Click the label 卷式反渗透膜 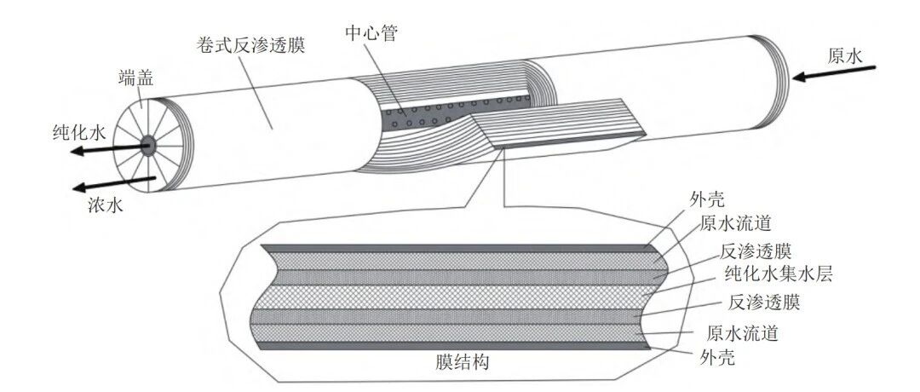[250, 46]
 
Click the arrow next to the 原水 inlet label [833, 72]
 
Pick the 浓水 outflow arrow [114, 184]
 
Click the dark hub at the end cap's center [147, 145]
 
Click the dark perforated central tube [455, 111]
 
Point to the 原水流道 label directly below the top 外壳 [734, 223]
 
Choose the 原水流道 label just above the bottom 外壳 [743, 334]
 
